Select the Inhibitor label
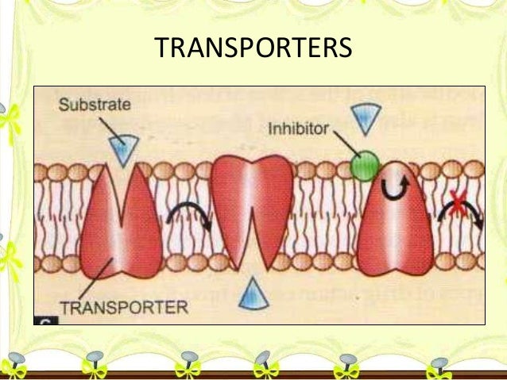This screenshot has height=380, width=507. coord(297,128)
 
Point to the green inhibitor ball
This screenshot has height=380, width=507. coord(365,165)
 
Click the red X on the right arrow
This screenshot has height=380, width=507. coord(457,204)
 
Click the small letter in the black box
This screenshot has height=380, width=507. coord(41,319)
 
